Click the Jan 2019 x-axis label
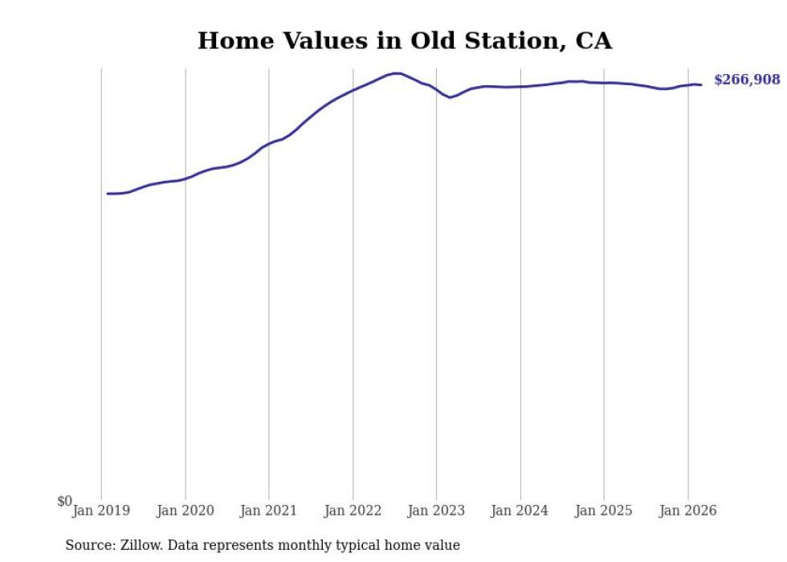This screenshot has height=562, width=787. coord(101,511)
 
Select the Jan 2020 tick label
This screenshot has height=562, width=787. coord(186,511)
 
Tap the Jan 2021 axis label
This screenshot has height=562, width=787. coord(269,511)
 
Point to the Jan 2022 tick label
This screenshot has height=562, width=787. coord(353,511)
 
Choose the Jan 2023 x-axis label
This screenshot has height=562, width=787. coord(436,511)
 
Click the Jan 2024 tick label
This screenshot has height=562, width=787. coord(520,511)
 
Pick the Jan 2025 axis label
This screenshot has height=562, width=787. coord(604,511)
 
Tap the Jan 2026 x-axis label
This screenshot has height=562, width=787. coord(687,511)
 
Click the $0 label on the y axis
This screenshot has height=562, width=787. coord(65,501)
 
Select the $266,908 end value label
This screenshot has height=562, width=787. coord(747,80)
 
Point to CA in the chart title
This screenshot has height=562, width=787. coord(593,41)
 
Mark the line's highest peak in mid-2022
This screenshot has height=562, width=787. coord(397,73)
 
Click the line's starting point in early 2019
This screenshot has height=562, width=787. coord(108,194)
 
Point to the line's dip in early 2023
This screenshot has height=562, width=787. coord(450,97)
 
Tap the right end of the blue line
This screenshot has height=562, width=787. coord(701,85)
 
